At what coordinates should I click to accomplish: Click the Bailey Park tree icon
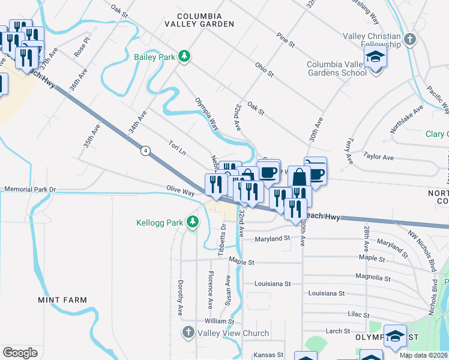(x=185, y=56)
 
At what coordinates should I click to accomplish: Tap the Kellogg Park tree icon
(x=192, y=223)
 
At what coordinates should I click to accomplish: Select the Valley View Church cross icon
(x=188, y=332)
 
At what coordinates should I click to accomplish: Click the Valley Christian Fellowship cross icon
(x=410, y=40)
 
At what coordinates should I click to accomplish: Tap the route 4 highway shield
(x=145, y=151)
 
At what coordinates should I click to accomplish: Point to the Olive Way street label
(x=180, y=191)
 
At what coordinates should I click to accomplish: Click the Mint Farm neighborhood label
(x=62, y=299)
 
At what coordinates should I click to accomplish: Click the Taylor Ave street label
(x=378, y=157)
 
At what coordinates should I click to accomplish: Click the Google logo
(x=20, y=352)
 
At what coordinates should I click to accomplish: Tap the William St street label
(x=218, y=322)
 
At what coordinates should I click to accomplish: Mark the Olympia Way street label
(x=206, y=113)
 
